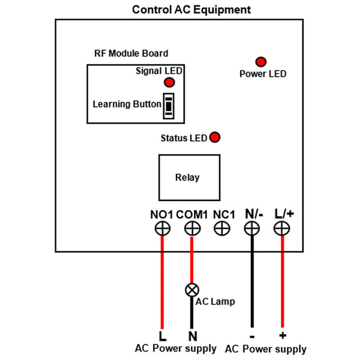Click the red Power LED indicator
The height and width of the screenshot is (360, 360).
click(x=261, y=62)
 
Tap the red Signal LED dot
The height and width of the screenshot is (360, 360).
click(x=169, y=82)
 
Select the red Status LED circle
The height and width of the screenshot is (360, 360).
click(x=215, y=137)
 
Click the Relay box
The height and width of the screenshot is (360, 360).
click(x=190, y=178)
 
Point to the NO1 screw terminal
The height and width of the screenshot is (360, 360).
click(x=163, y=229)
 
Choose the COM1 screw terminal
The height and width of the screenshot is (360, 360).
click(x=193, y=229)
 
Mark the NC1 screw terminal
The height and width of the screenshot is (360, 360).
click(x=222, y=229)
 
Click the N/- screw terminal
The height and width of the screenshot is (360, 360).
click(x=252, y=229)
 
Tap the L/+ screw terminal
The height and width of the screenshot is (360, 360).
click(x=282, y=229)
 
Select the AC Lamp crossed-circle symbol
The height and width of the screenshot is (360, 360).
click(x=192, y=290)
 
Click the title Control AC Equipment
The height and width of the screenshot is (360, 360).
click(x=191, y=10)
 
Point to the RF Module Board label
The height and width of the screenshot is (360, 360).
click(x=131, y=53)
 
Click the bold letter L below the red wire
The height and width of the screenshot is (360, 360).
click(x=163, y=337)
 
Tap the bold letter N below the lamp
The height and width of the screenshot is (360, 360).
click(x=193, y=337)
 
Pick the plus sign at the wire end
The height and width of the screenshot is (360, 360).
click(x=283, y=335)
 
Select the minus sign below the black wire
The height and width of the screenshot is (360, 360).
click(x=252, y=337)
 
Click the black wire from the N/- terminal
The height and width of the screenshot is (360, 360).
click(x=252, y=282)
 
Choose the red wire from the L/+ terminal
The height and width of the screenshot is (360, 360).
click(x=283, y=282)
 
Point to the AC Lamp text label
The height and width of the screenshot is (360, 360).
click(x=215, y=301)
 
